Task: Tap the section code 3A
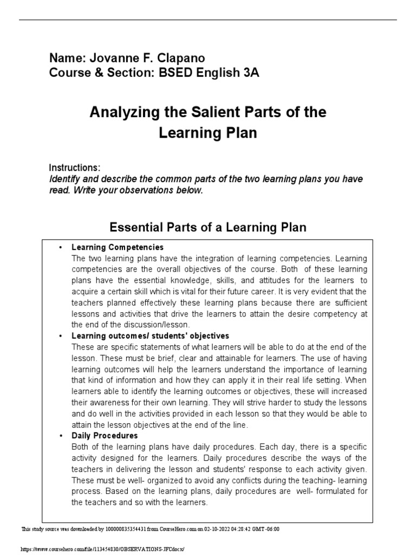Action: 249,73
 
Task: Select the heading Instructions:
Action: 74,167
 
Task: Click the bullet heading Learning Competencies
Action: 118,247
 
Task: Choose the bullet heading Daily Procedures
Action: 105,435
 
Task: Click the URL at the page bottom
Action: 102,549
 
